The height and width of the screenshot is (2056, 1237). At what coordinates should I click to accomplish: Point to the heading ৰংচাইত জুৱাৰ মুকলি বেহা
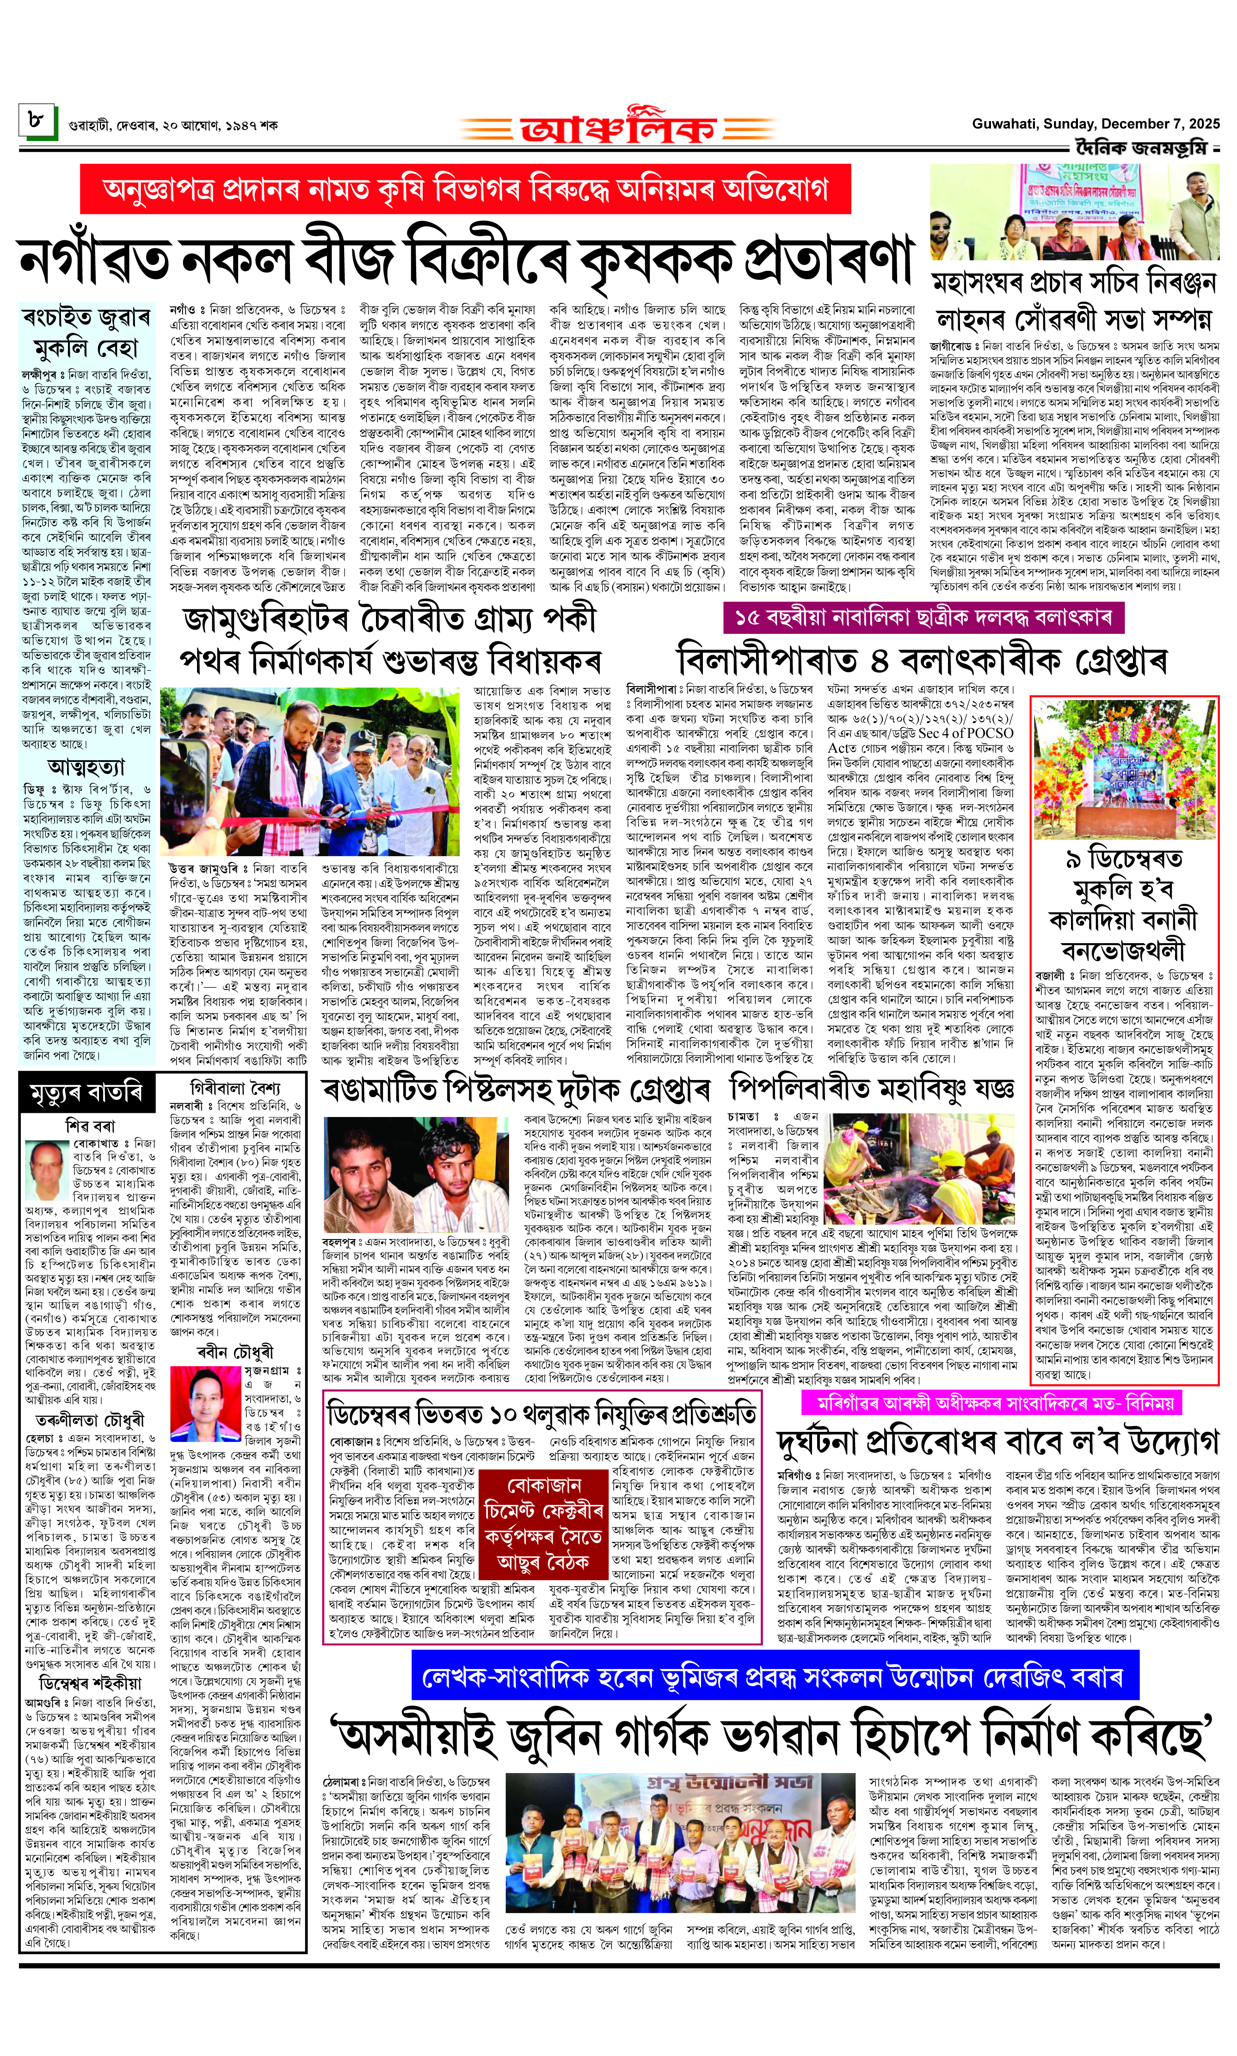click(86, 331)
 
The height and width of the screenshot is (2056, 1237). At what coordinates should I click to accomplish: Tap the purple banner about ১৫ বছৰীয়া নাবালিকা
click(923, 618)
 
